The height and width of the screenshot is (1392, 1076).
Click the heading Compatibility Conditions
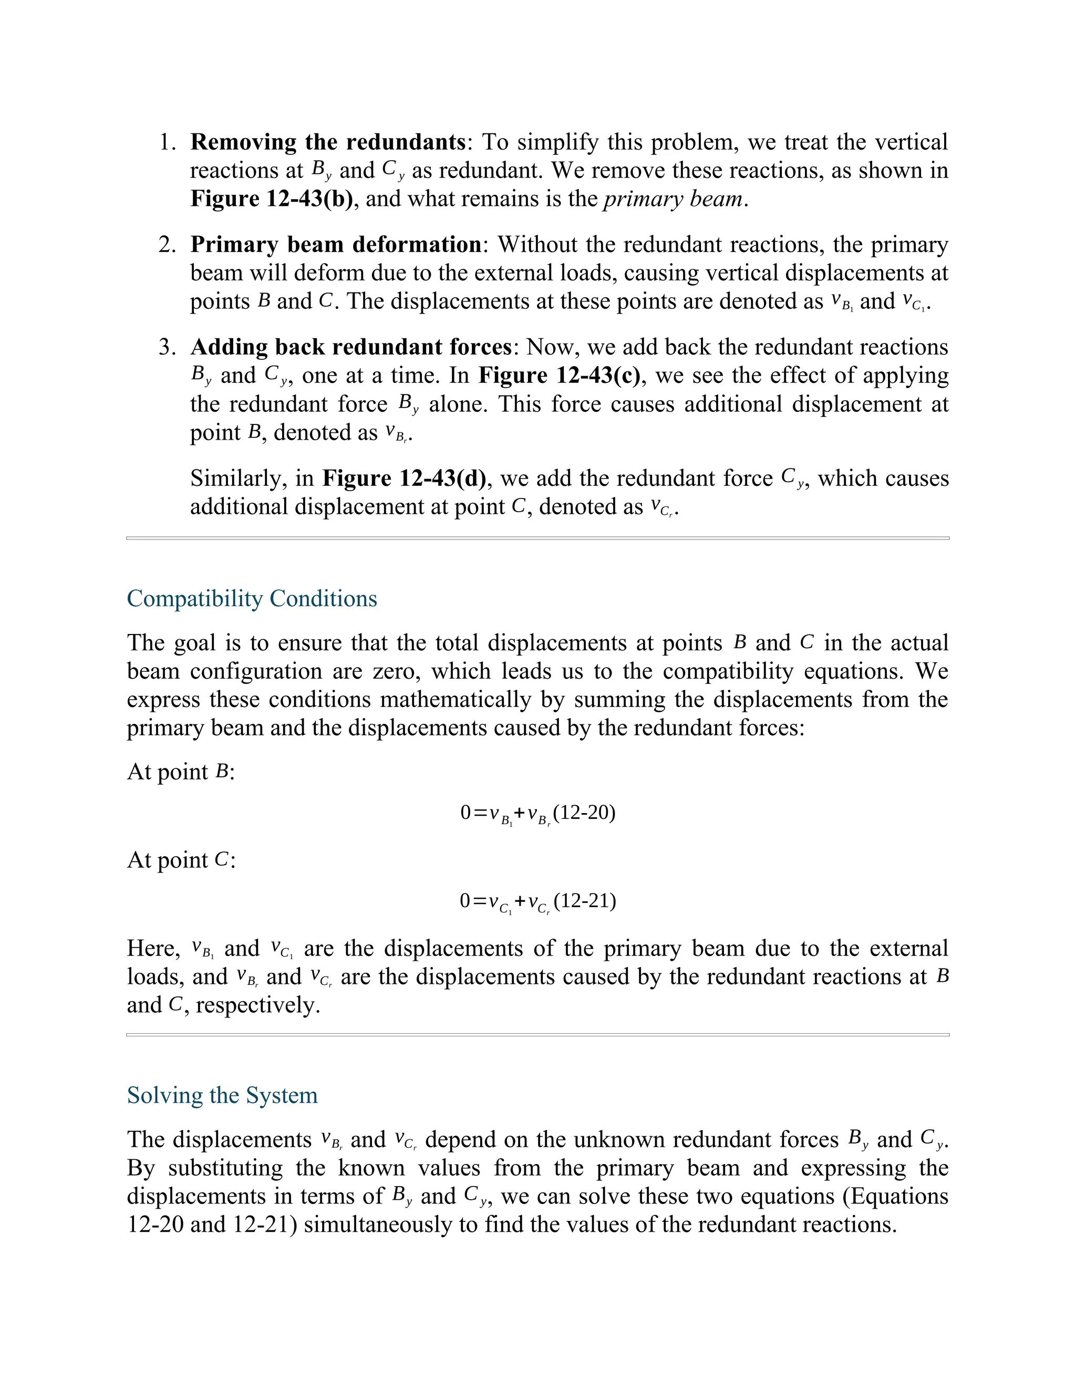(252, 598)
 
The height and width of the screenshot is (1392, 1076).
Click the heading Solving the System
(222, 1095)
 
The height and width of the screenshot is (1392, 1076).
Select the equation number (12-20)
(585, 813)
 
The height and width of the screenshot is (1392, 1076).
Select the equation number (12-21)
(585, 900)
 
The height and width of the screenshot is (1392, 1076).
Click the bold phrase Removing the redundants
(328, 141)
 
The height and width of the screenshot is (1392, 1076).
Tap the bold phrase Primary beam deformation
(336, 244)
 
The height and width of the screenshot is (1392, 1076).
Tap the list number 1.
(168, 141)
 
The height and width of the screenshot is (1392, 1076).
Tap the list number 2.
(168, 244)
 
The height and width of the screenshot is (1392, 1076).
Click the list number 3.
(168, 347)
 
